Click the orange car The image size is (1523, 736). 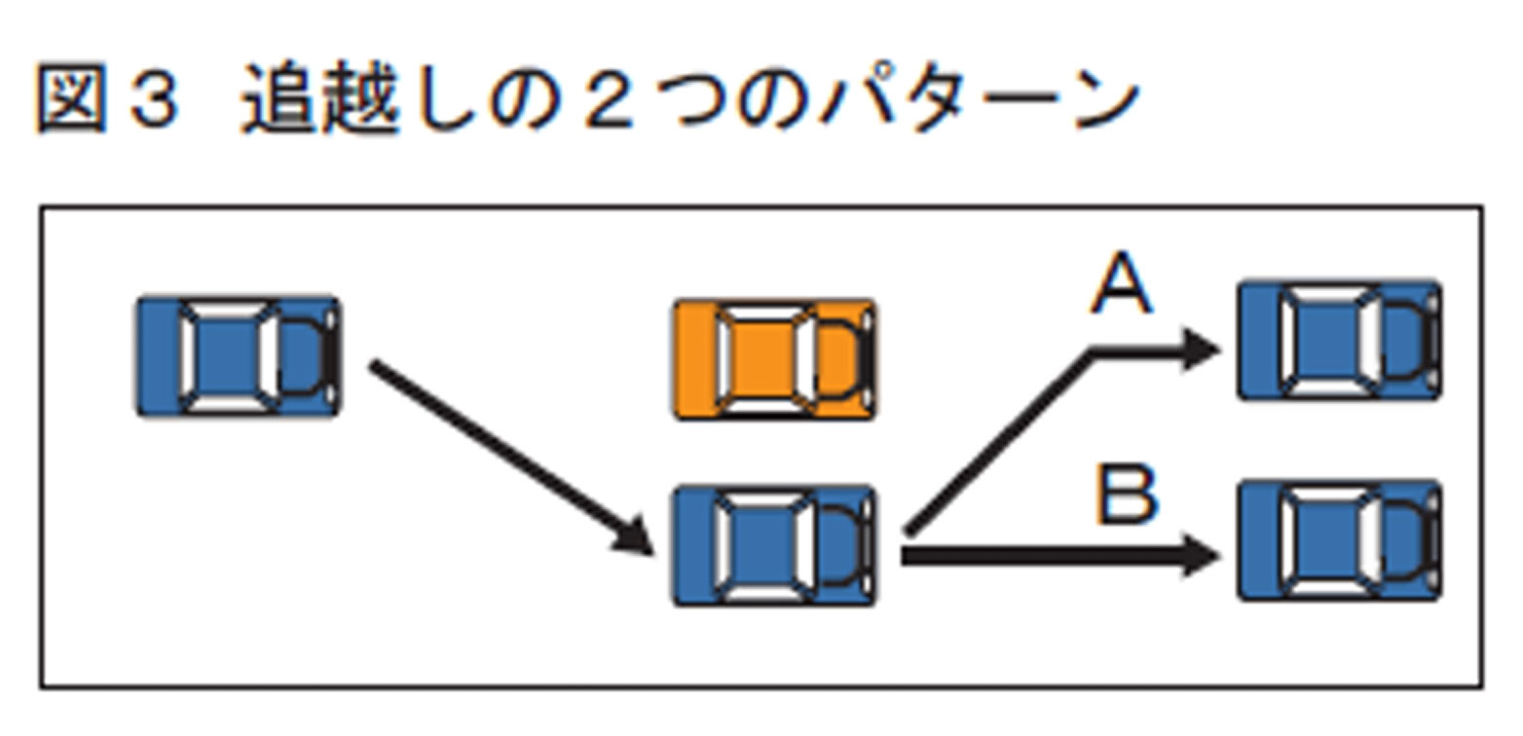(775, 360)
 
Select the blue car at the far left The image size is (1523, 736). (239, 356)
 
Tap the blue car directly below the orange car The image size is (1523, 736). (775, 545)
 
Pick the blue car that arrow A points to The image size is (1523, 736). (1339, 341)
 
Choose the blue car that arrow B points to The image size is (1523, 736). (1339, 539)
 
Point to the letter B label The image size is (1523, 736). (1127, 496)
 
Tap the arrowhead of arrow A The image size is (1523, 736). (1200, 350)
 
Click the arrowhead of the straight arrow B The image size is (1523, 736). (1200, 556)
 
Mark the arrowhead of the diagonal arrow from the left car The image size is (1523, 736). (631, 538)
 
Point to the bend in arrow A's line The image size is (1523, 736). (1094, 352)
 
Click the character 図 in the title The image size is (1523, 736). (70, 100)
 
